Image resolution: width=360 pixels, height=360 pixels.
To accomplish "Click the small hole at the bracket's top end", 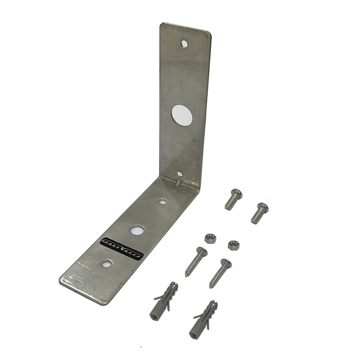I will pos(184,43).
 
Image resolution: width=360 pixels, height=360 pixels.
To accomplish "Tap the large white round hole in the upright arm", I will pos(182,115).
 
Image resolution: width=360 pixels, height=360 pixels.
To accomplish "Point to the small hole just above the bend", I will pos(179,174).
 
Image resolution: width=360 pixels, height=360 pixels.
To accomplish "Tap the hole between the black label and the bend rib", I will pos(137,230).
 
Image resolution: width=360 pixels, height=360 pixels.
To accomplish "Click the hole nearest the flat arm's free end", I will pos(107,264).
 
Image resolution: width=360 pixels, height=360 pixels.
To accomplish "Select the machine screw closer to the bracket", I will pos(233,199).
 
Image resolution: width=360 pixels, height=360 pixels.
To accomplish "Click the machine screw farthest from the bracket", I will pos(259,213).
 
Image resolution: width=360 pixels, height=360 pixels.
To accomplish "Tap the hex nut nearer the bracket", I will pos(209,238).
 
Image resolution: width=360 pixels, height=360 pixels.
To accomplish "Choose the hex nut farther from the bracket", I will pos(233,245).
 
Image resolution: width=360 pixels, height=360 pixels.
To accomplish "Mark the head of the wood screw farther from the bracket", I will pos(226,264).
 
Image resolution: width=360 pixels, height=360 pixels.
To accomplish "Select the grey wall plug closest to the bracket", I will pos(164,301).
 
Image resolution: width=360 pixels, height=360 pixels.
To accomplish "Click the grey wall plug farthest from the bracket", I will pos(203,321).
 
